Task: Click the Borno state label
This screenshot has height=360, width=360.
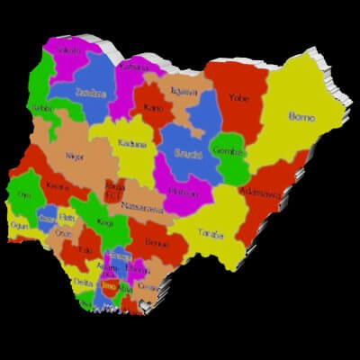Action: (x=301, y=116)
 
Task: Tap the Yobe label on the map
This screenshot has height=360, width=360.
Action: (x=238, y=97)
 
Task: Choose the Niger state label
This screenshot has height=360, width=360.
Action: (x=76, y=155)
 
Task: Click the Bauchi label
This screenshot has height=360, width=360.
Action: (x=187, y=152)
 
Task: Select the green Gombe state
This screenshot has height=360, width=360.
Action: (x=229, y=153)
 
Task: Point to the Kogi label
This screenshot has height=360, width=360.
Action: (x=105, y=221)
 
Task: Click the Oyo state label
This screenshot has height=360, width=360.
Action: (x=24, y=194)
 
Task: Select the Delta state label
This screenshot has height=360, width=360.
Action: (x=83, y=283)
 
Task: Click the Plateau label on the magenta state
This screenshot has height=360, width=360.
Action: (x=183, y=191)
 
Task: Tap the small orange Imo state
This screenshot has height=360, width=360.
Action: (x=110, y=285)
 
